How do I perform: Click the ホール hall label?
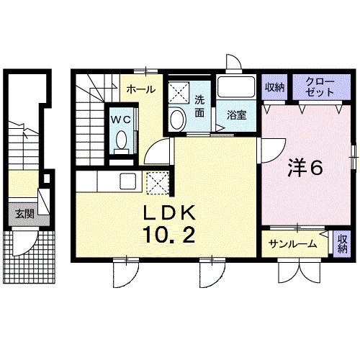tap(140, 89)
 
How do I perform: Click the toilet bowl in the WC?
tap(120, 139)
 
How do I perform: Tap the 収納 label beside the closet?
tap(274, 88)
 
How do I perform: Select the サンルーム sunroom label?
tap(293, 244)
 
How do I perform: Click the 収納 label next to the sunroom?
tap(341, 243)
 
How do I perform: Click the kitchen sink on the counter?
tap(127, 179)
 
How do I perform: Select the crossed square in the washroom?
tap(177, 92)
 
